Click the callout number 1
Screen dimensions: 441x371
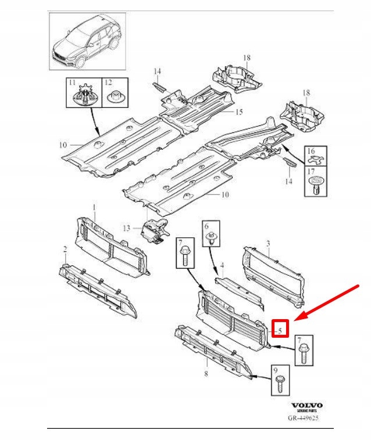pyautogui.click(x=95, y=208)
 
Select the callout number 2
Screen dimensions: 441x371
pyautogui.click(x=66, y=249)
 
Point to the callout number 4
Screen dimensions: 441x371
pyautogui.click(x=222, y=269)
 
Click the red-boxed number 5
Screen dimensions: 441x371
pyautogui.click(x=281, y=330)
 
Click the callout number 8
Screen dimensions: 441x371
pyautogui.click(x=206, y=374)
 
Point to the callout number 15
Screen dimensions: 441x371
pyautogui.click(x=238, y=111)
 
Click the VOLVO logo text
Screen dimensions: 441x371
pyautogui.click(x=306, y=406)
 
